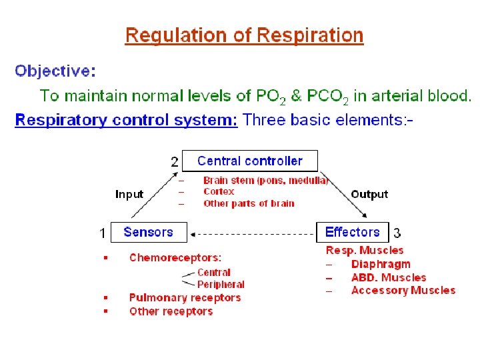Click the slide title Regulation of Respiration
tap(244, 35)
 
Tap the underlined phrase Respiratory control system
tap(126, 120)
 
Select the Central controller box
tap(250, 161)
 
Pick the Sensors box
tap(148, 232)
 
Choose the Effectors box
tap(352, 232)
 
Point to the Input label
tap(129, 195)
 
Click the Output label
tap(369, 195)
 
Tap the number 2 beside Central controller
tap(175, 162)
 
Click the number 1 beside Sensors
tap(103, 233)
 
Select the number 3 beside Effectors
tap(397, 233)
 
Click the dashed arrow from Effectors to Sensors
tap(253, 233)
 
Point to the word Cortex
tap(219, 191)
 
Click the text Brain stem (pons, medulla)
tap(265, 180)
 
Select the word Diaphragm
tap(381, 264)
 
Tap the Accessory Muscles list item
tap(403, 290)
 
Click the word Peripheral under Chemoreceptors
tap(221, 285)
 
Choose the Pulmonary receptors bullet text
tap(185, 298)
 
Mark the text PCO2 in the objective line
tap(328, 96)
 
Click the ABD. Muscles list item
tap(388, 277)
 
